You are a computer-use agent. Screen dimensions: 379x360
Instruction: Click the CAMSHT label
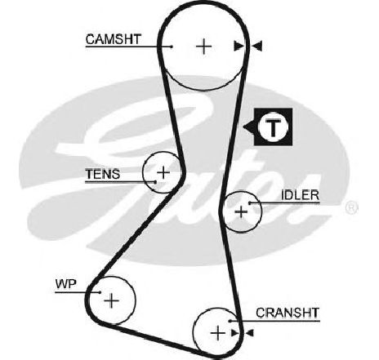pos(114,39)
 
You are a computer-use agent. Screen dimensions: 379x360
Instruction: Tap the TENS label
pos(102,174)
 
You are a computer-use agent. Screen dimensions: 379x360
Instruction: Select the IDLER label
pos(300,195)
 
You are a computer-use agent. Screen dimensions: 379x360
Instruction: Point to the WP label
pos(66,284)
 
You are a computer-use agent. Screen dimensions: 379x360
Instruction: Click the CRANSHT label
pos(288,313)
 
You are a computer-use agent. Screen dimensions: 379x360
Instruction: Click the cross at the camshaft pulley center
pos(203,47)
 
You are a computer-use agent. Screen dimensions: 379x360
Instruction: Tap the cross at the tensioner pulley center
pos(163,172)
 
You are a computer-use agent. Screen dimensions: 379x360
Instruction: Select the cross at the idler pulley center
pos(241,211)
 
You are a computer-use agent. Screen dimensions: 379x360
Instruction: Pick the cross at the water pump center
pos(111,300)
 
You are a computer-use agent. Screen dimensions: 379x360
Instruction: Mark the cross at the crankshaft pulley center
pos(218,333)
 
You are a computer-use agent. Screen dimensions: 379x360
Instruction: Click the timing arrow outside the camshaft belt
pos(256,47)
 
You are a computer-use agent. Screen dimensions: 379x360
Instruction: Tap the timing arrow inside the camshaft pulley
pos(239,47)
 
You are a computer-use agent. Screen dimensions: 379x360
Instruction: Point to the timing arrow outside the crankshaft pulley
pos(249,332)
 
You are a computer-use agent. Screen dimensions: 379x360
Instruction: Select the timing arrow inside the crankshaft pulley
pos(235,332)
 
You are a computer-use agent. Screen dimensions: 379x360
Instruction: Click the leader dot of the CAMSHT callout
pos(172,47)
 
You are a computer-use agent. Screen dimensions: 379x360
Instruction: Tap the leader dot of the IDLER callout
pos(250,203)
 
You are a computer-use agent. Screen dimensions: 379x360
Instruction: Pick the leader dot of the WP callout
pos(100,292)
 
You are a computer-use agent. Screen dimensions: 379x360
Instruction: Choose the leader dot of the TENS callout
pos(155,182)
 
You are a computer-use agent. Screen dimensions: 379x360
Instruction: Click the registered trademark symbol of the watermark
pos(351,208)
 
